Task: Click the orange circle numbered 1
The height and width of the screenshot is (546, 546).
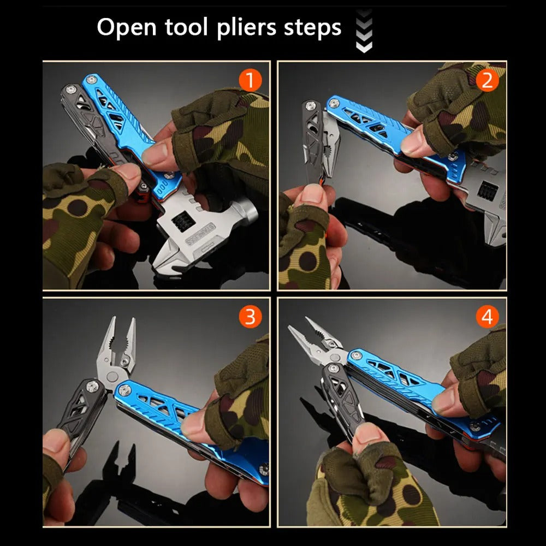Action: [250, 81]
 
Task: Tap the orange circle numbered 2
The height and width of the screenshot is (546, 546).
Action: [487, 81]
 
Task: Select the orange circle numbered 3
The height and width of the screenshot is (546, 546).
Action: [250, 317]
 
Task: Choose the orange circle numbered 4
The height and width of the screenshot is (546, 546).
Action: [487, 317]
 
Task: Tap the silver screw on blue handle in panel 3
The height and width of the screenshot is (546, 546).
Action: [124, 389]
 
